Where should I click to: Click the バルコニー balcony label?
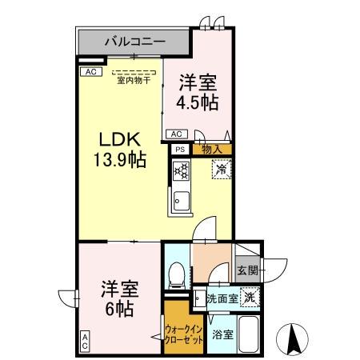coord(134,39)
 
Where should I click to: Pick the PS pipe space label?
coord(179,149)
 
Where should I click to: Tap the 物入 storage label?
coord(211,149)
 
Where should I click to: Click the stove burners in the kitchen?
coord(180,170)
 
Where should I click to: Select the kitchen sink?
coord(180,201)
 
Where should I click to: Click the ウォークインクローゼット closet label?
coord(184,332)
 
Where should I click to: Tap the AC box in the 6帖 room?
coord(85,342)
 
